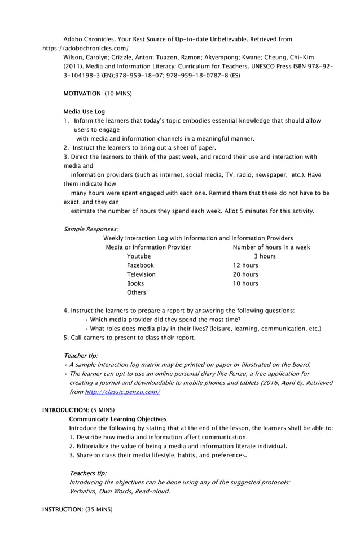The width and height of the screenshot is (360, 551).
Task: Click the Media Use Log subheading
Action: click(84, 112)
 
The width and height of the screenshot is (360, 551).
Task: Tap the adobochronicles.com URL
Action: click(85, 49)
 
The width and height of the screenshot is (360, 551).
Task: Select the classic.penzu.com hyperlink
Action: click(122, 392)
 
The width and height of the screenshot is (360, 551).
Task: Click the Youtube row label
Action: click(139, 256)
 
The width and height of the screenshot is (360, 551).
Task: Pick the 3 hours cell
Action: click(265, 256)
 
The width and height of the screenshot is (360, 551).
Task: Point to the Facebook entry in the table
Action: click(140, 265)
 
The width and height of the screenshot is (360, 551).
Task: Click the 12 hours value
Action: click(245, 265)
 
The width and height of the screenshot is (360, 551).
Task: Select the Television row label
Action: click(141, 274)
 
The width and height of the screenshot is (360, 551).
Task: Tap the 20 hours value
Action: click(245, 274)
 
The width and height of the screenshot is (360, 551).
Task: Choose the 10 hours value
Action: click(245, 283)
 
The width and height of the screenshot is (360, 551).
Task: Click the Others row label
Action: click(137, 292)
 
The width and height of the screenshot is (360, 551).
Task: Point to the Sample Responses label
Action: click(91, 229)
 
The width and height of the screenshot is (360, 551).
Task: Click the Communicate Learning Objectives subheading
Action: click(117, 419)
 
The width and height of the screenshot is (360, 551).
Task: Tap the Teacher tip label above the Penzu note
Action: click(81, 356)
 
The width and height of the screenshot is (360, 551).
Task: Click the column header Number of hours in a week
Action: click(271, 247)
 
